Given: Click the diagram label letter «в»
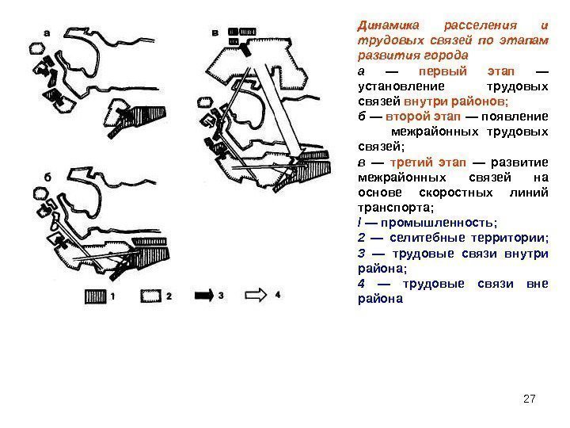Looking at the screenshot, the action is [216, 32].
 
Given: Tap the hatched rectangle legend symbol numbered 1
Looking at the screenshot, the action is [96, 296].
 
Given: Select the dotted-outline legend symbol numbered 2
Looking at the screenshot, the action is [151, 296].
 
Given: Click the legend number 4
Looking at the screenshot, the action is [278, 296].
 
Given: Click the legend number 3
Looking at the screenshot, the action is [222, 296].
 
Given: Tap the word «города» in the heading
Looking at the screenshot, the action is [446, 57].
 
